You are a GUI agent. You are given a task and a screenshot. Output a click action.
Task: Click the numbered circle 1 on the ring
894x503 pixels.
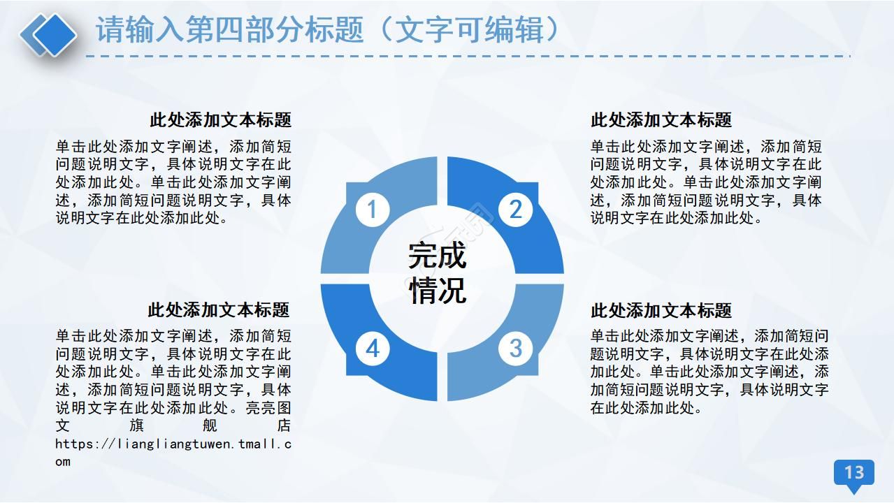[x=372, y=210]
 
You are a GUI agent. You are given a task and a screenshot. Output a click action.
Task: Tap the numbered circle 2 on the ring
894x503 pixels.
[x=515, y=210]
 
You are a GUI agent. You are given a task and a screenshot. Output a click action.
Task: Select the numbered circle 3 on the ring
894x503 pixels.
[x=515, y=348]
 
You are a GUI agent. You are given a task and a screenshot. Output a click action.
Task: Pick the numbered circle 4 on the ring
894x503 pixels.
[x=373, y=348]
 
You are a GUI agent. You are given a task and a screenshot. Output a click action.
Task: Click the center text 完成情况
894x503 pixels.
[x=438, y=273]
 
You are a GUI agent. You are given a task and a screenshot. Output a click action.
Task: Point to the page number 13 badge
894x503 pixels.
[x=854, y=473]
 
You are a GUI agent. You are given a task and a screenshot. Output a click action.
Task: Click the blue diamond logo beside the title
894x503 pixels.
[x=48, y=34]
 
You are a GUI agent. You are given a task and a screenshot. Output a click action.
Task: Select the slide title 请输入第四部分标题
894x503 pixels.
[x=230, y=30]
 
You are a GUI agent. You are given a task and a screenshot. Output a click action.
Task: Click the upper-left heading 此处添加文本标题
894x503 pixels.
[x=220, y=120]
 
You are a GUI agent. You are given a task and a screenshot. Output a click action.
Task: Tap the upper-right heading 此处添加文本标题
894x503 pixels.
[x=661, y=120]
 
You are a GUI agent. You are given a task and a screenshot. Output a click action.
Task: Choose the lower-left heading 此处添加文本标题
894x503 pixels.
[x=218, y=309]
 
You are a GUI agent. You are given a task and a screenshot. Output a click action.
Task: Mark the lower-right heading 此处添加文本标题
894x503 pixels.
[x=661, y=310]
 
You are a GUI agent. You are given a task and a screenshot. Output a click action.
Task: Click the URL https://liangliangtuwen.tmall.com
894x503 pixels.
[x=173, y=444]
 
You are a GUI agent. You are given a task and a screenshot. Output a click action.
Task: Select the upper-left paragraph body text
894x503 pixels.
[x=173, y=182]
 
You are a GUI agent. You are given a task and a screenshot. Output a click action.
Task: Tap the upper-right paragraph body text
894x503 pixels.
[x=706, y=182]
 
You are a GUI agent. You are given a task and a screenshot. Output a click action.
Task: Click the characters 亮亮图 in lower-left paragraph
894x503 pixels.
[x=269, y=407]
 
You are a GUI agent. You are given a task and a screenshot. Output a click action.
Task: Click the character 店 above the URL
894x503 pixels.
[x=284, y=425]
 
